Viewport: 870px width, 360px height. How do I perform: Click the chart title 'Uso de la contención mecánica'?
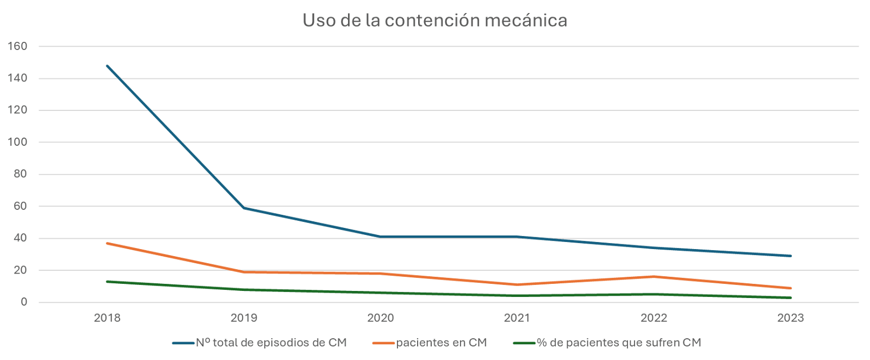coord(435,21)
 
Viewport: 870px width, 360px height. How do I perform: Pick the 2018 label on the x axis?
coord(107,318)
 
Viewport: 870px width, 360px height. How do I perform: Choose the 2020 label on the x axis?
coord(381,318)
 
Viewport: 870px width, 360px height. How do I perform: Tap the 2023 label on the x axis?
coord(791,318)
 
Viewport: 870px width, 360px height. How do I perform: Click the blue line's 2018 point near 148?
coord(107,66)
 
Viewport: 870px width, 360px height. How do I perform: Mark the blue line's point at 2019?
coord(244,208)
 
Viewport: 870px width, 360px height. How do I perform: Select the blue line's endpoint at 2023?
coord(791,256)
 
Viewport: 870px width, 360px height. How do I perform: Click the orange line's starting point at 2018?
coord(107,243)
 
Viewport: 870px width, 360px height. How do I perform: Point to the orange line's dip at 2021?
coord(517,284)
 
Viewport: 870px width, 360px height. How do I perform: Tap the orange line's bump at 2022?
coord(654,276)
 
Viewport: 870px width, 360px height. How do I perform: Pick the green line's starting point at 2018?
coord(107,281)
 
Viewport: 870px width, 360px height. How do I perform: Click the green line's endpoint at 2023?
coord(791,297)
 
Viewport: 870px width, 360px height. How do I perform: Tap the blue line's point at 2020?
coord(381,237)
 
